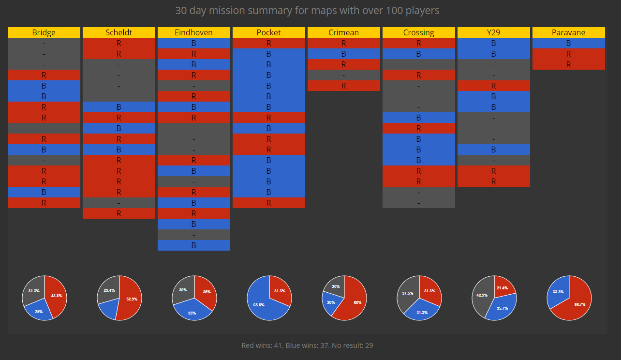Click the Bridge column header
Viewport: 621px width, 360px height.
pyautogui.click(x=44, y=32)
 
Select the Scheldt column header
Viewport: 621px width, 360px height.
pyautogui.click(x=119, y=32)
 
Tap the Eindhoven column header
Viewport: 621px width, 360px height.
pyautogui.click(x=194, y=32)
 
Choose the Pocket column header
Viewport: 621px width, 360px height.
pyautogui.click(x=269, y=32)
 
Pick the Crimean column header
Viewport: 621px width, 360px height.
pyautogui.click(x=344, y=32)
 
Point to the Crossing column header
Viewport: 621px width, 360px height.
pyautogui.click(x=419, y=32)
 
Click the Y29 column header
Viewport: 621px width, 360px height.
pyautogui.click(x=494, y=32)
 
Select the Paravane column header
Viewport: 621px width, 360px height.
pyautogui.click(x=569, y=32)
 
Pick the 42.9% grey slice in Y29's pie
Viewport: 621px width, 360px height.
pyautogui.click(x=482, y=295)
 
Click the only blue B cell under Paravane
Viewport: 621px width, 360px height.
pyautogui.click(x=569, y=43)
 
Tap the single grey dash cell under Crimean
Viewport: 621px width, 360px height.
pyautogui.click(x=344, y=75)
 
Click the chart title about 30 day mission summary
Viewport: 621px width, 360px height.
pyautogui.click(x=307, y=10)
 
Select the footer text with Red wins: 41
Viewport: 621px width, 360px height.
pyautogui.click(x=307, y=345)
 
